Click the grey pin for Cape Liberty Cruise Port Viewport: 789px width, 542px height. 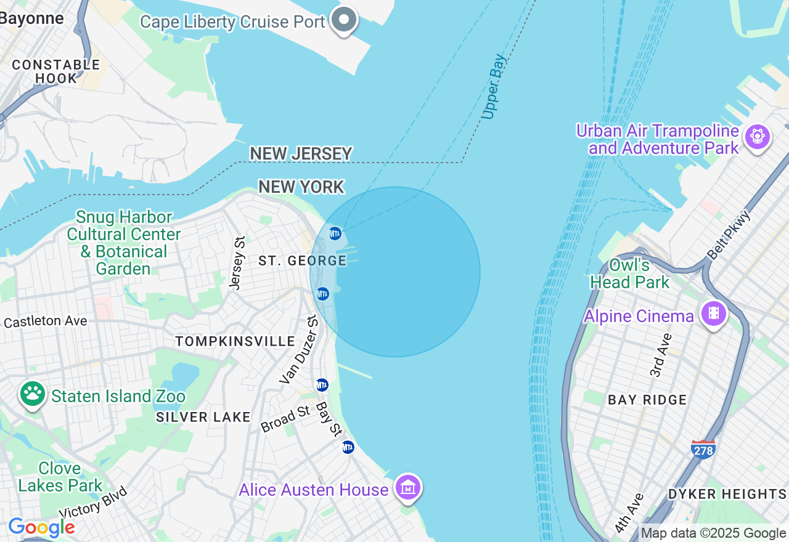344,20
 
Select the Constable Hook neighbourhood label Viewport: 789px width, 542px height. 56,71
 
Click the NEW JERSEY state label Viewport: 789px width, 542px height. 301,153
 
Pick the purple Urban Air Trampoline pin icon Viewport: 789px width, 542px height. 757,135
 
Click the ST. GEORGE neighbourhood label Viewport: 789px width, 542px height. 303,261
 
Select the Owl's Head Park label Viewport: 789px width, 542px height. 629,274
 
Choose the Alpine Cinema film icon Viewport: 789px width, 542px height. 713,313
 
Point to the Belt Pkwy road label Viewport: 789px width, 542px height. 729,236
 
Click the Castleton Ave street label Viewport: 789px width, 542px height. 45,321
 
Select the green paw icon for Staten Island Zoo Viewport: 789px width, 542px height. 32,394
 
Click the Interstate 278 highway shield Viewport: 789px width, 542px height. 703,450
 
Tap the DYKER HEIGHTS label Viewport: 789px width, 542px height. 727,494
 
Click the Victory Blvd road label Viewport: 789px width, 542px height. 94,503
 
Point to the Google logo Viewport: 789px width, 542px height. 41,527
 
